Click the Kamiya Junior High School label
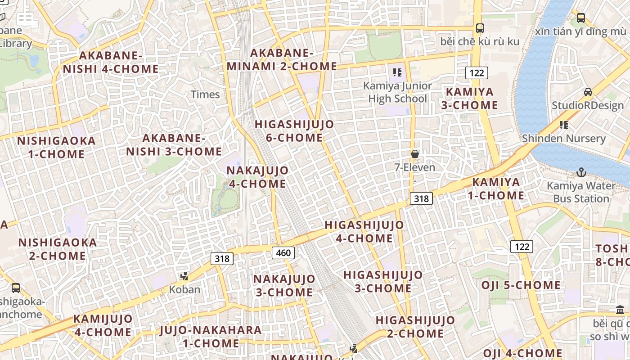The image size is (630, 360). click(397, 92)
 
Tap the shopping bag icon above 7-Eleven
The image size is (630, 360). click(415, 154)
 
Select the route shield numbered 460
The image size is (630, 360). click(283, 253)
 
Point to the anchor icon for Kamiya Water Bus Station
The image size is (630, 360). click(581, 172)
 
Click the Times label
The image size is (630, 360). click(205, 94)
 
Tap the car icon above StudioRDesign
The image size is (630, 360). click(588, 92)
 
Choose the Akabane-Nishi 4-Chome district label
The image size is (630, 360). click(111, 63)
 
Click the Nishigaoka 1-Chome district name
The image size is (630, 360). click(56, 148)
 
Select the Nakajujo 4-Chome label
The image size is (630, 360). click(257, 177)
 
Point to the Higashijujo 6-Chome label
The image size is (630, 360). click(294, 131)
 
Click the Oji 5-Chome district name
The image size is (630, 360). click(521, 285)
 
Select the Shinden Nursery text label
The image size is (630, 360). click(564, 138)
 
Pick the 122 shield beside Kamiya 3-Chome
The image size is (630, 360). click(477, 73)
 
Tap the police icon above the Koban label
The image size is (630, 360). click(184, 276)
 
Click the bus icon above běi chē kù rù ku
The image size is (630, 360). click(480, 28)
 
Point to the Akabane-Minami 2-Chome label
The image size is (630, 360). click(282, 59)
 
